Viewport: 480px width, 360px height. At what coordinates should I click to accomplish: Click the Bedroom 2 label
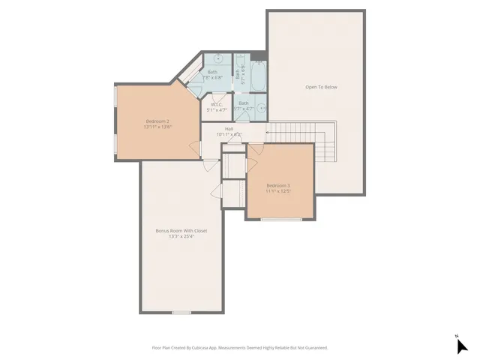[x=157, y=121]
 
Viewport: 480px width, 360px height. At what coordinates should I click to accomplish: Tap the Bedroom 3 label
[x=277, y=185]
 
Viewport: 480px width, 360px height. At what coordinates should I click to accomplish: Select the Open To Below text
[x=321, y=87]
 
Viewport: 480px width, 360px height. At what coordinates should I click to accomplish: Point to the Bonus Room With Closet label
[x=181, y=230]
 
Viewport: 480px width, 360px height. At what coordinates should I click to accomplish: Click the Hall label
[x=229, y=129]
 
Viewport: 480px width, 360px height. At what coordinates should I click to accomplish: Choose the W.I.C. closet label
[x=217, y=104]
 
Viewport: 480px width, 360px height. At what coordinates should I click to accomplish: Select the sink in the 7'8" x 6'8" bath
[x=218, y=58]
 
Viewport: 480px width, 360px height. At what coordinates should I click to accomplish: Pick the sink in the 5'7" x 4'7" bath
[x=262, y=108]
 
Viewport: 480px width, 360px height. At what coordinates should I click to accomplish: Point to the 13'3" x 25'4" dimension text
[x=181, y=236]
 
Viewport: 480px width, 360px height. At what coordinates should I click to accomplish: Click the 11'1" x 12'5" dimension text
[x=277, y=191]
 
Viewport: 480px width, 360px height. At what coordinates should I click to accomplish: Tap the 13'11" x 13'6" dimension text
[x=157, y=127]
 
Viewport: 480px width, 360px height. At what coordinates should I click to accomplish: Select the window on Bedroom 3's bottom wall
[x=282, y=219]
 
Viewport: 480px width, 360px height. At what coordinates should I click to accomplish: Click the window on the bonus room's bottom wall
[x=181, y=313]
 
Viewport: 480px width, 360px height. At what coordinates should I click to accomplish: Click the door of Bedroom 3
[x=255, y=148]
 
